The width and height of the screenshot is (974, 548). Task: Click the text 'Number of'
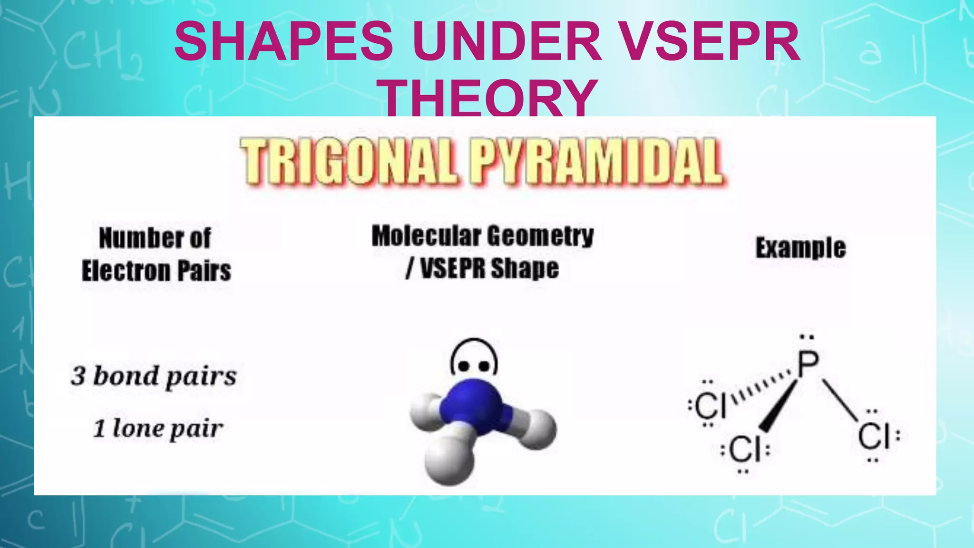coord(155,238)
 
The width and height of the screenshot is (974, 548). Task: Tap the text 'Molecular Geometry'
coord(482,236)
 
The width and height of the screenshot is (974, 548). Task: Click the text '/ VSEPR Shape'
coord(482,268)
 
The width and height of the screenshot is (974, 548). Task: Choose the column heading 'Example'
coord(801,248)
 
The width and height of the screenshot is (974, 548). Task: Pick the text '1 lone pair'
coord(158,428)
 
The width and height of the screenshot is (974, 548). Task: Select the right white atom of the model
coord(538,428)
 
